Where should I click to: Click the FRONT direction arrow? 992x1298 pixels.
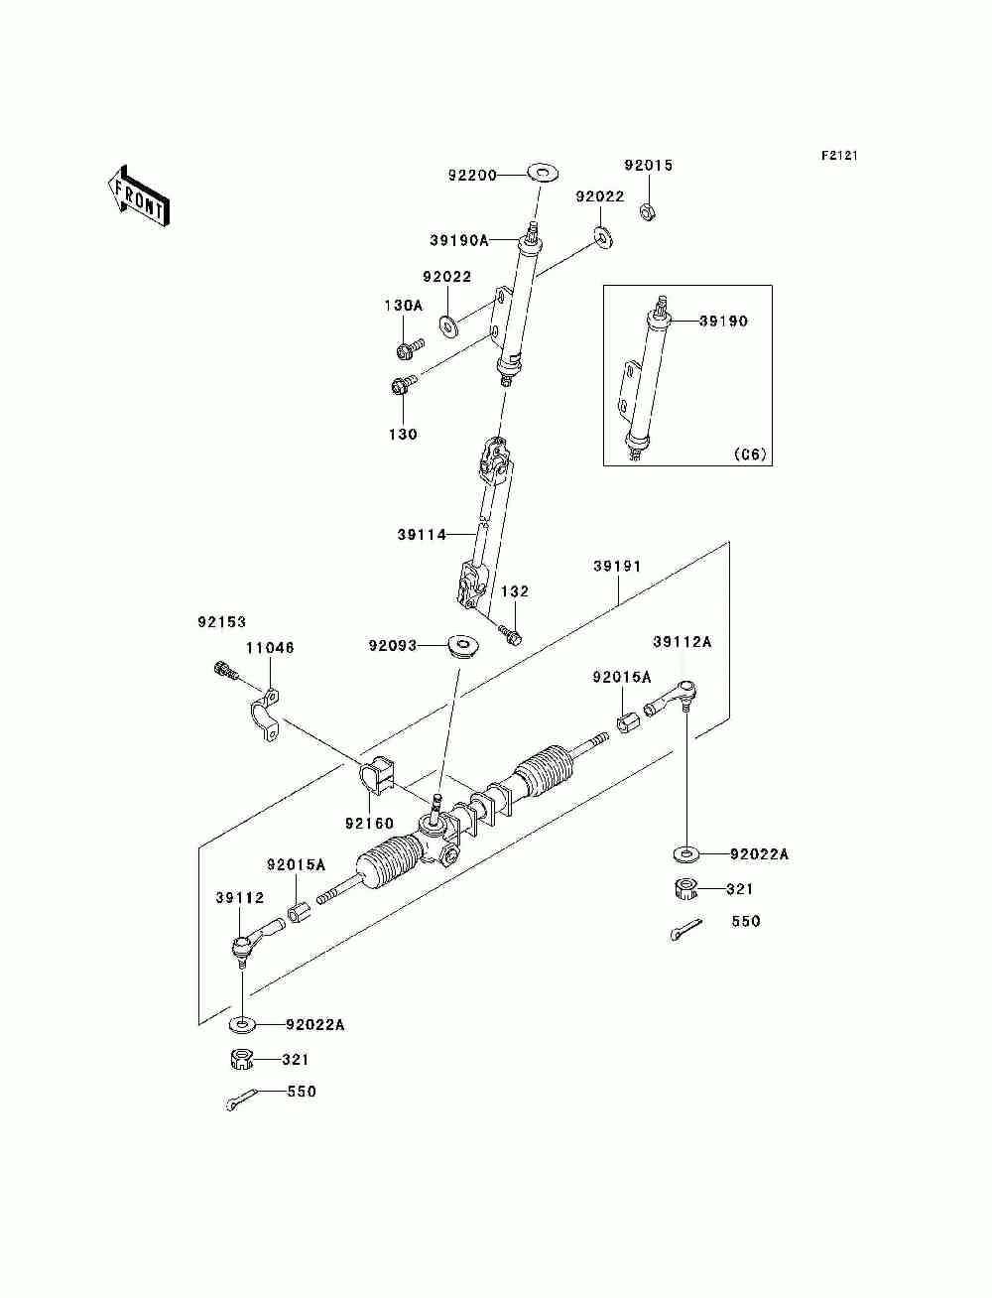pos(139,196)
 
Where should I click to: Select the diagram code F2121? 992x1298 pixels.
pos(839,156)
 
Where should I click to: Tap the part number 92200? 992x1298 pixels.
pos(472,175)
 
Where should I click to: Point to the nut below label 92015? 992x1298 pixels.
pos(648,210)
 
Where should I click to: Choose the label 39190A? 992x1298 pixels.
pos(458,240)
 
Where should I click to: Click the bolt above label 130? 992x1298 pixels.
pos(404,385)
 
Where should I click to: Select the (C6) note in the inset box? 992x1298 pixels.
pos(750,454)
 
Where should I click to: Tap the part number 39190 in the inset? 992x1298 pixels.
pos(723,322)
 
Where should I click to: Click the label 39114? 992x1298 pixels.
pos(422,535)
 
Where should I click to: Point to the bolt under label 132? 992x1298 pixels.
pos(510,634)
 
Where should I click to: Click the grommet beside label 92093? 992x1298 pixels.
pos(462,645)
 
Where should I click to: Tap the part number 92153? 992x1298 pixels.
pos(221,622)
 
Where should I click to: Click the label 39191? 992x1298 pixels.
pos(617,566)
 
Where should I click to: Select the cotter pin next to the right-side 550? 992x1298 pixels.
pos(685,929)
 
